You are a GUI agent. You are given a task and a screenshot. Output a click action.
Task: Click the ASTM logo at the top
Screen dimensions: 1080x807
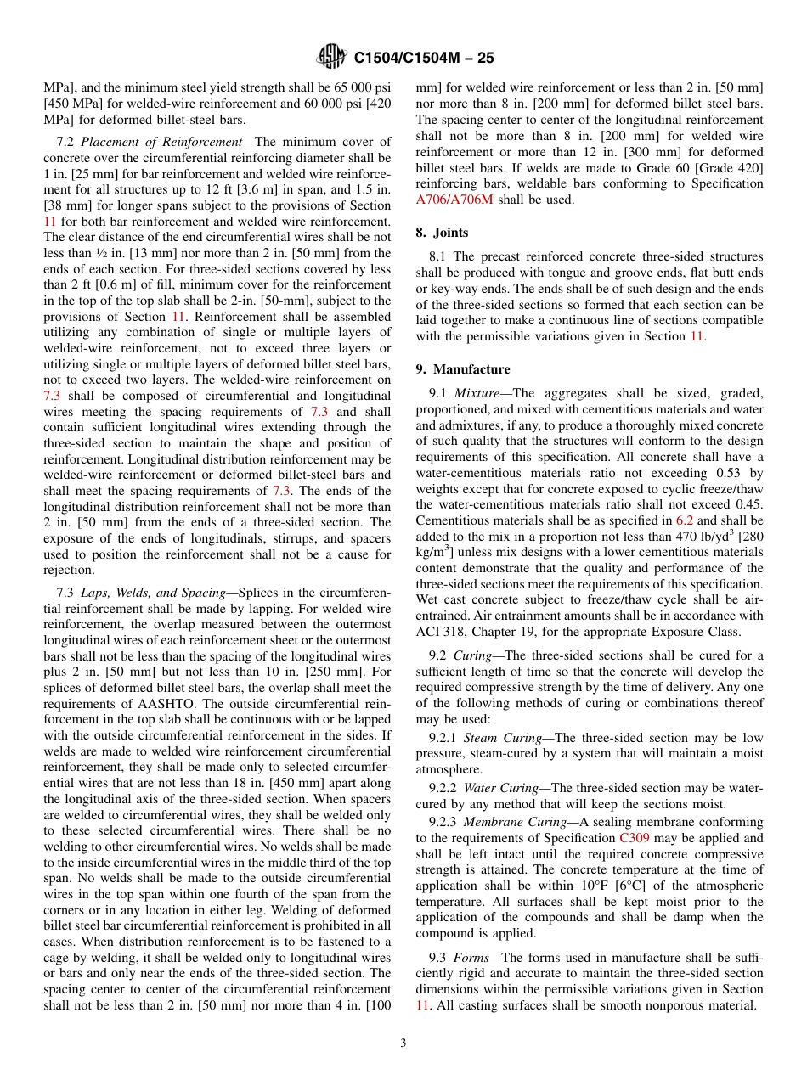331,57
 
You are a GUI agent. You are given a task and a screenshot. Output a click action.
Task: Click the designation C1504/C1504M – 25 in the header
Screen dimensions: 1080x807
423,58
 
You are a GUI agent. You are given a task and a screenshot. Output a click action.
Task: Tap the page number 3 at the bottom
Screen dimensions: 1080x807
403,1043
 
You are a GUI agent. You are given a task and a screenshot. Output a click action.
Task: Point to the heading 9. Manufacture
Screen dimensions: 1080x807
463,369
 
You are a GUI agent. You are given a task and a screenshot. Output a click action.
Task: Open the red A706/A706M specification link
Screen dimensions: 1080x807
454,200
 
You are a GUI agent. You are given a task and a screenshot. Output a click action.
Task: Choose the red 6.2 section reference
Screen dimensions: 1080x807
684,520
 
